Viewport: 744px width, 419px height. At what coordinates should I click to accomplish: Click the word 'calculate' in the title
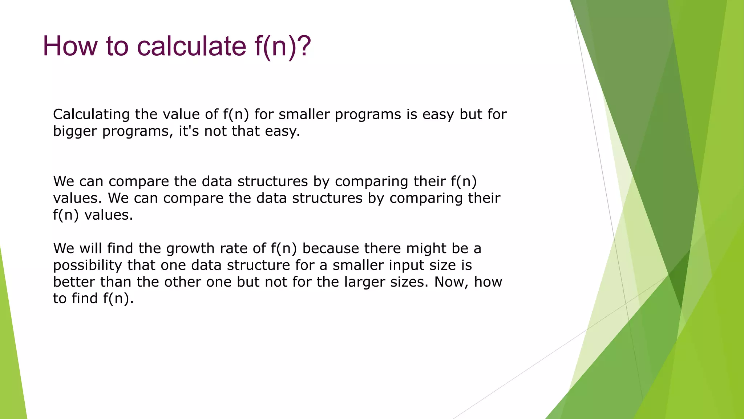coord(192,46)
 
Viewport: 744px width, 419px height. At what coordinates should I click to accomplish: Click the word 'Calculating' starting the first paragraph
coord(91,115)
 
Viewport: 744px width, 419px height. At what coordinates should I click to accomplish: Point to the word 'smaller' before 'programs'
coord(304,115)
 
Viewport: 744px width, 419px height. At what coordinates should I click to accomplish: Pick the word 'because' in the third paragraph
coord(331,248)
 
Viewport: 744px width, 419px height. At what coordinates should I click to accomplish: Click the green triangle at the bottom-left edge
coord(11,364)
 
